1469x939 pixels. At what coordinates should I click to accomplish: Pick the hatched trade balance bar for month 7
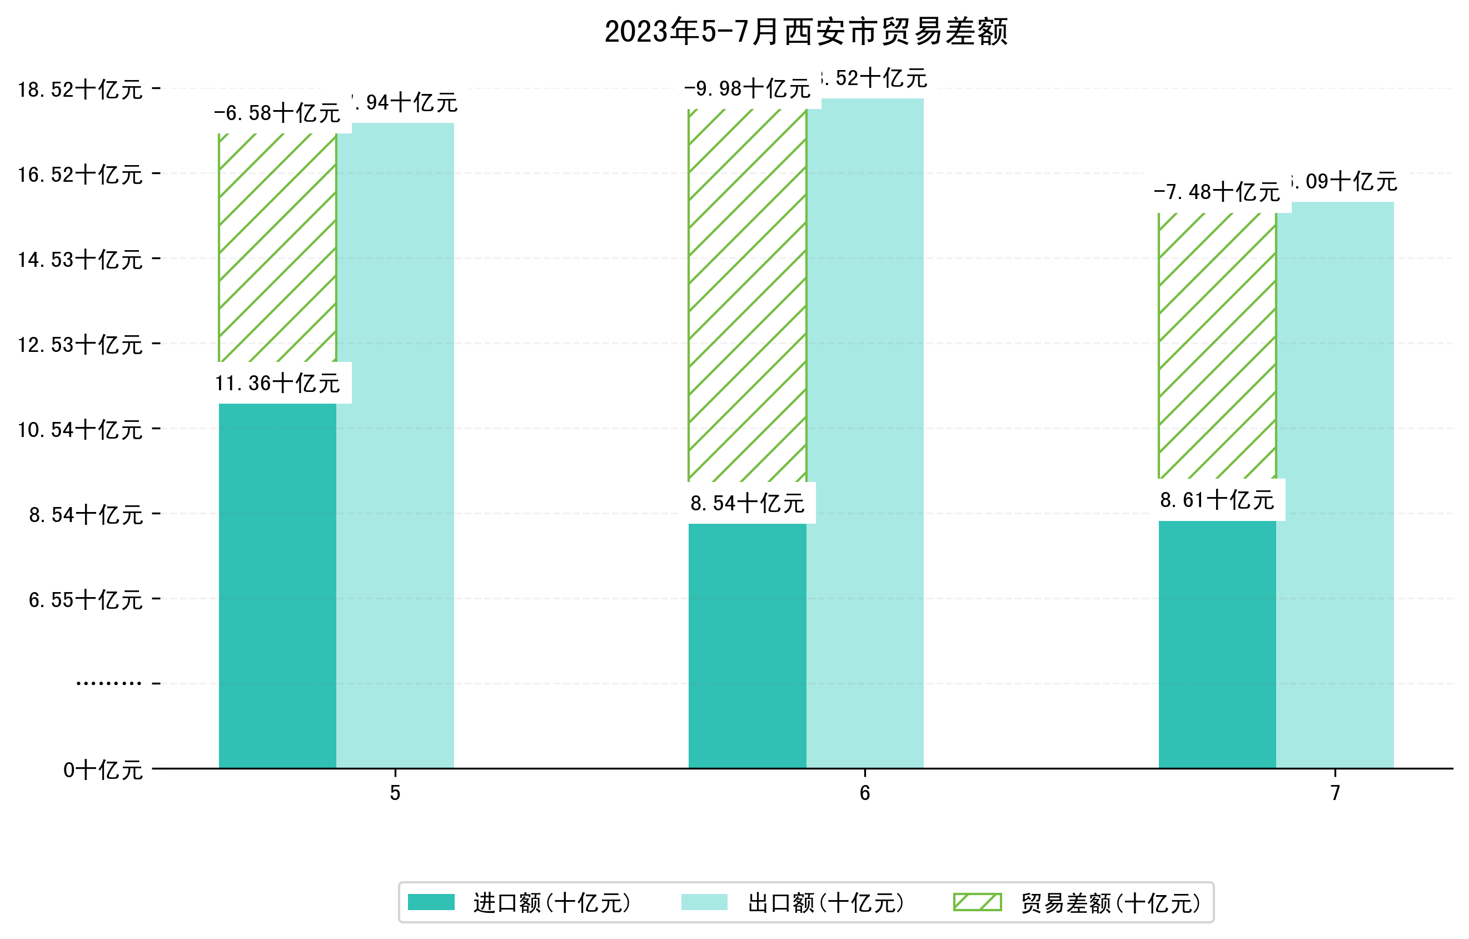[1217, 345]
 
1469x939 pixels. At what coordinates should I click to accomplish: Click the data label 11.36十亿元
[277, 383]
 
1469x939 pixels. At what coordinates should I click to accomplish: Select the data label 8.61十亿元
[1217, 500]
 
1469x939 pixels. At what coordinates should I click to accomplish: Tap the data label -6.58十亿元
[277, 113]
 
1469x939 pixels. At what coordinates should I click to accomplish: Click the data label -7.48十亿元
[1217, 193]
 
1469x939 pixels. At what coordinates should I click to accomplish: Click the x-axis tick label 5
[395, 793]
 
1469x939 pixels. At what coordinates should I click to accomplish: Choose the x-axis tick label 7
[1335, 793]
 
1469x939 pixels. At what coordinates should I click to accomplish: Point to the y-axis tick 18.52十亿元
[80, 90]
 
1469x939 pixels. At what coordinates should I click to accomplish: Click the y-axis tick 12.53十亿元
[80, 345]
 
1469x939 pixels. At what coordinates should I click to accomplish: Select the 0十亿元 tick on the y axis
[102, 770]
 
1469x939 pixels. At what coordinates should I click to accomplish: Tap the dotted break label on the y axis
[108, 683]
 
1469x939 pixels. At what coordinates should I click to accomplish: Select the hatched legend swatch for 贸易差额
[977, 902]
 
